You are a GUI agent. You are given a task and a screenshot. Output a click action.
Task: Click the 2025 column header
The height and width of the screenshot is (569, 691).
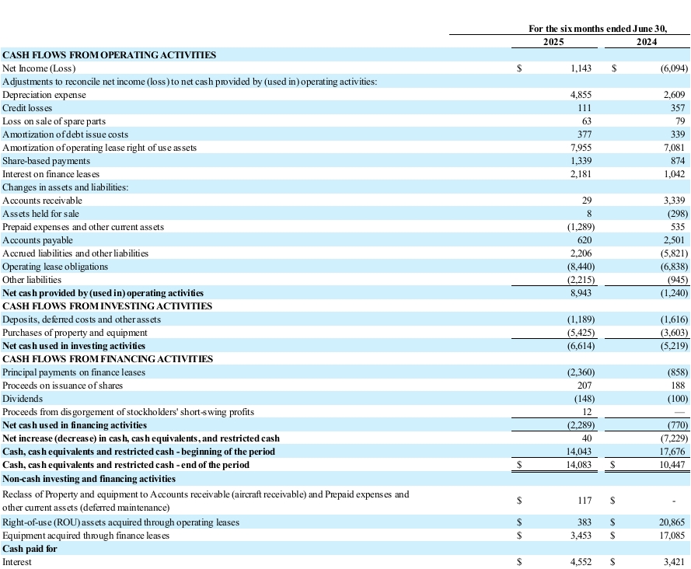pyautogui.click(x=553, y=41)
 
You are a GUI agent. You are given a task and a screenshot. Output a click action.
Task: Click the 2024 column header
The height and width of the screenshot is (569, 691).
pyautogui.click(x=647, y=41)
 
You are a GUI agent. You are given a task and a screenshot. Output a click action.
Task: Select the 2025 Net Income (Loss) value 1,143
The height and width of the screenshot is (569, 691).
pyautogui.click(x=581, y=68)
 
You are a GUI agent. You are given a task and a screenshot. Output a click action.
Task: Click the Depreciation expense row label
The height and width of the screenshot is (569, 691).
pyautogui.click(x=44, y=95)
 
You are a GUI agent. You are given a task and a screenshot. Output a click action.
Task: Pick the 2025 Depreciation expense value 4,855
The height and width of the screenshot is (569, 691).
pyautogui.click(x=581, y=95)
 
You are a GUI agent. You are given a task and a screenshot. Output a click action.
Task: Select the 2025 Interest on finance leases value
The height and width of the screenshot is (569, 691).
pyautogui.click(x=581, y=174)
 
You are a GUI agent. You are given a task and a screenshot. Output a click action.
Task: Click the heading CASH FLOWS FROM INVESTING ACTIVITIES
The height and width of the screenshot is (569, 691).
pyautogui.click(x=107, y=306)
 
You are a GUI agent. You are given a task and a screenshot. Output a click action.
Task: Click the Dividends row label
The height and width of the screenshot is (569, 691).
pyautogui.click(x=23, y=399)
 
